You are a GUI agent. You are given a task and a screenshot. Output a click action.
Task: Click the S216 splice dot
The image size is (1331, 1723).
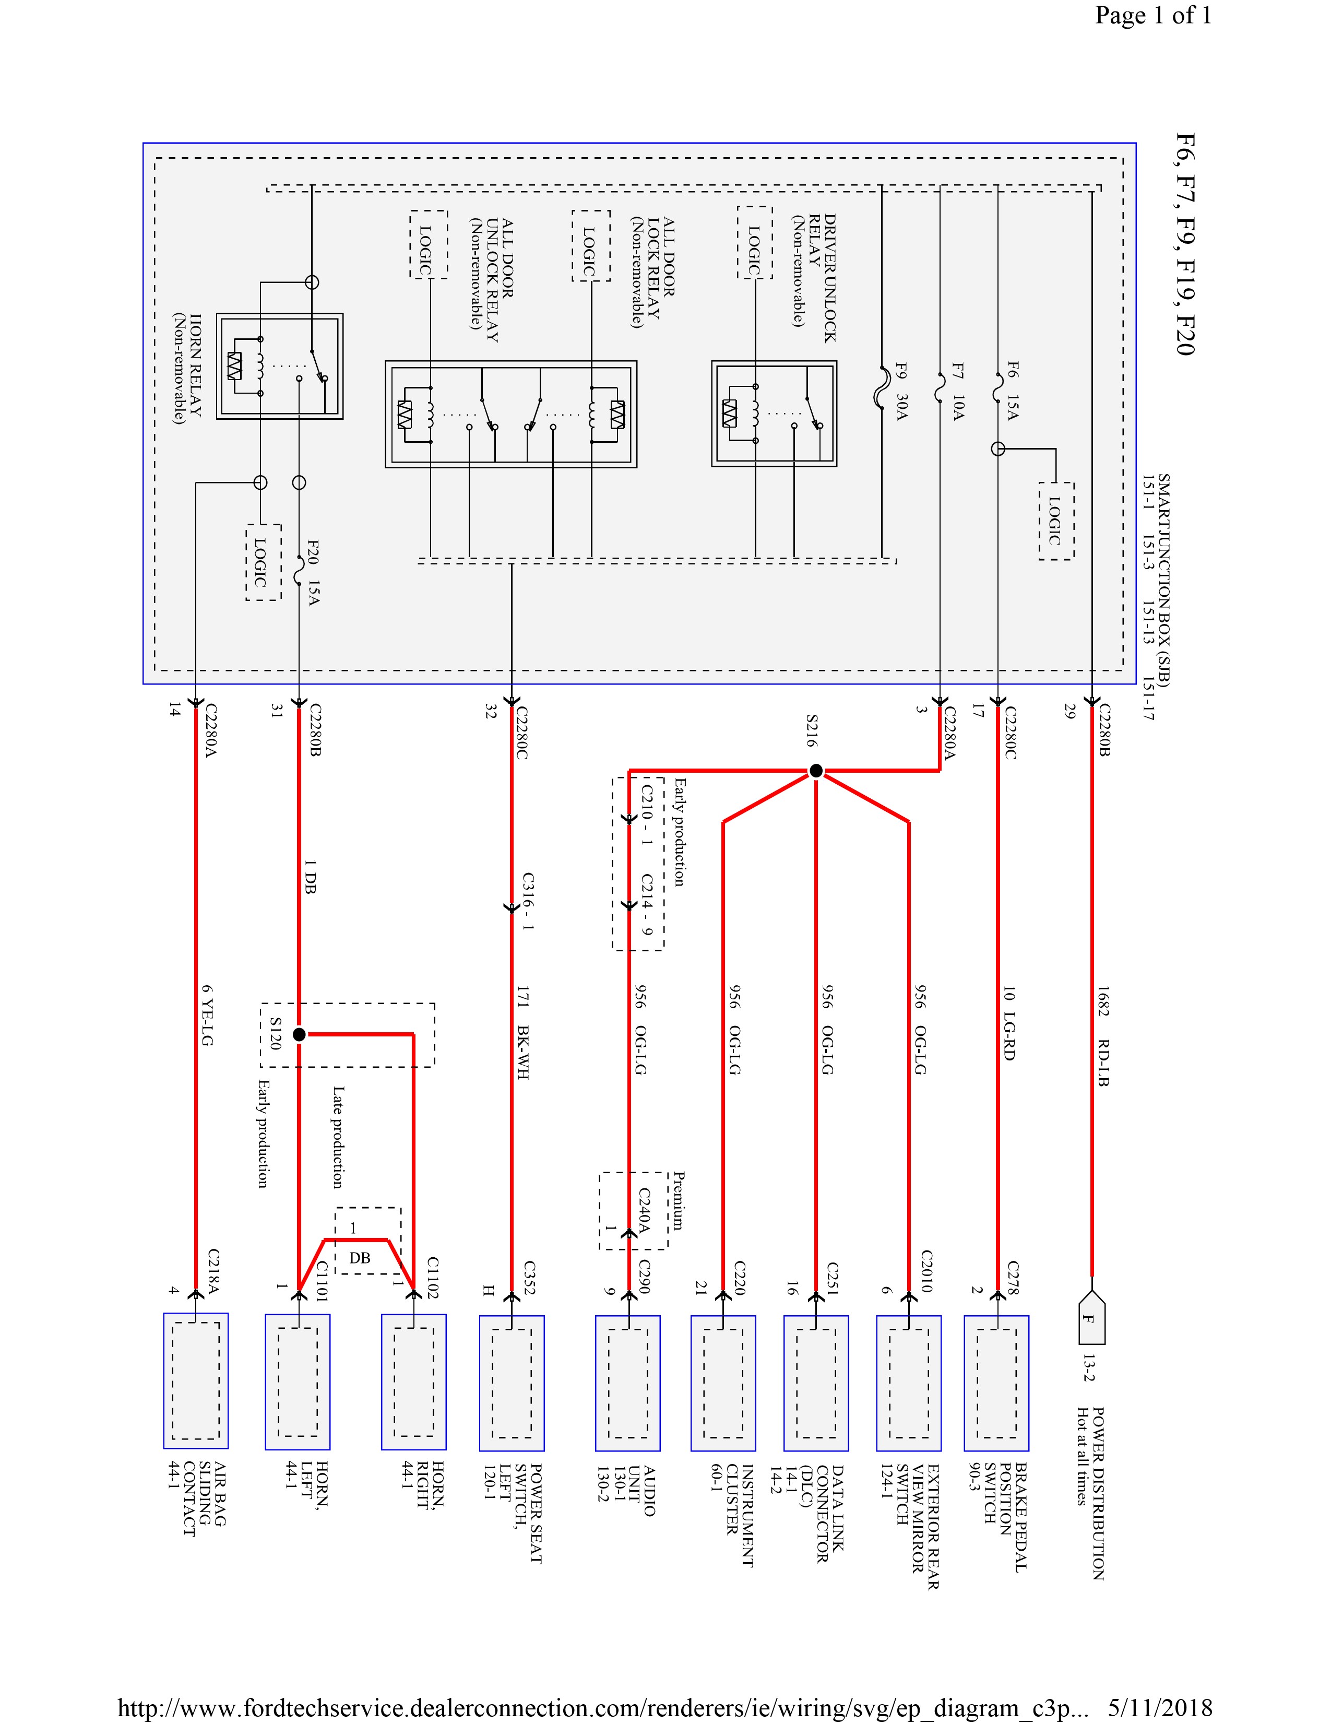tap(816, 770)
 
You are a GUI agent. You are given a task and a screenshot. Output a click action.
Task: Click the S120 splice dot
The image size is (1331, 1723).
tap(299, 1034)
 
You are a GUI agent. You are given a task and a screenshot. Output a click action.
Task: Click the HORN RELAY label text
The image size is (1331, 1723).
tap(188, 369)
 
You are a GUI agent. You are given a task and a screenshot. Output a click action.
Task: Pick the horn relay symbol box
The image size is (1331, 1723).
tap(280, 366)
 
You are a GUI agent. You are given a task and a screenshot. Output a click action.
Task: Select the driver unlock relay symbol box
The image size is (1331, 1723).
tap(774, 414)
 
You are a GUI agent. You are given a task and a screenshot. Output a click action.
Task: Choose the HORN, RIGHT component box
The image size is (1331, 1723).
tap(414, 1382)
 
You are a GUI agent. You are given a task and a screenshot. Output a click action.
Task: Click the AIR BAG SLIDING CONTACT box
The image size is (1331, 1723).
tap(196, 1380)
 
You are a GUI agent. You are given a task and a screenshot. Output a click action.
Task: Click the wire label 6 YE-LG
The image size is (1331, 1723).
tap(207, 1016)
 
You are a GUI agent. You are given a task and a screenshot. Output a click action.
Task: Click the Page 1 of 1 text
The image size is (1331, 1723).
tap(1153, 16)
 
